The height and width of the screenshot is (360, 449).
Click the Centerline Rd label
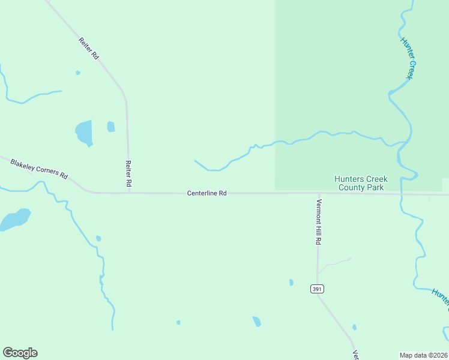[x=206, y=193]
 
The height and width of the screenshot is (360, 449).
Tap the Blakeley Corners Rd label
[x=38, y=168]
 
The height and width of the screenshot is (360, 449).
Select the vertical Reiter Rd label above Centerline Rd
[x=128, y=172]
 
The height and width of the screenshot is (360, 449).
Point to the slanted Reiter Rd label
[x=88, y=49]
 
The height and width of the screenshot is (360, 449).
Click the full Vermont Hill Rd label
[x=319, y=222]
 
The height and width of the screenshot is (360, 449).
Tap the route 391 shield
[x=318, y=289]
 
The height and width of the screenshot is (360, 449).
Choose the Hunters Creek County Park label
[x=361, y=183]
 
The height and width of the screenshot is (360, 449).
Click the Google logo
[x=20, y=353]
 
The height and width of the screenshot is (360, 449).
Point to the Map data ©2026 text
[x=423, y=355]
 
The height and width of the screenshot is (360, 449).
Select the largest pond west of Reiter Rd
[x=85, y=133]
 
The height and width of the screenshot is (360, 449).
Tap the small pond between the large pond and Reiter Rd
[x=111, y=127]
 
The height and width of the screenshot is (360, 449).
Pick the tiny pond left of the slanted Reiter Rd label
[x=77, y=73]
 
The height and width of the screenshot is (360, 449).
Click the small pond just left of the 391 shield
[x=291, y=282]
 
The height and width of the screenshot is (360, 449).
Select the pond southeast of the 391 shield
[x=354, y=327]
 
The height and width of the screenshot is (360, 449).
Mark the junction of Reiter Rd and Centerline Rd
[x=128, y=193]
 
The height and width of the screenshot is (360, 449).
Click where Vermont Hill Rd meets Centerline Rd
[x=318, y=194]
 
